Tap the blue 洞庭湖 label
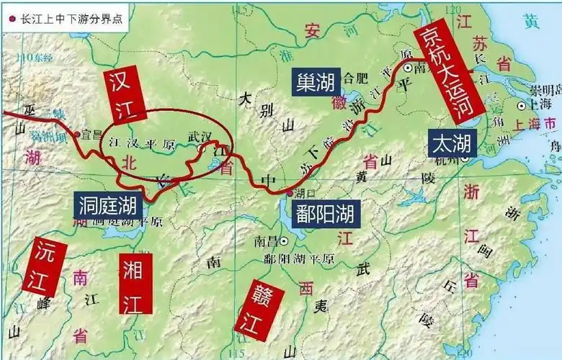point(108,207)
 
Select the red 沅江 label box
point(44,267)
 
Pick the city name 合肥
point(357,76)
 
